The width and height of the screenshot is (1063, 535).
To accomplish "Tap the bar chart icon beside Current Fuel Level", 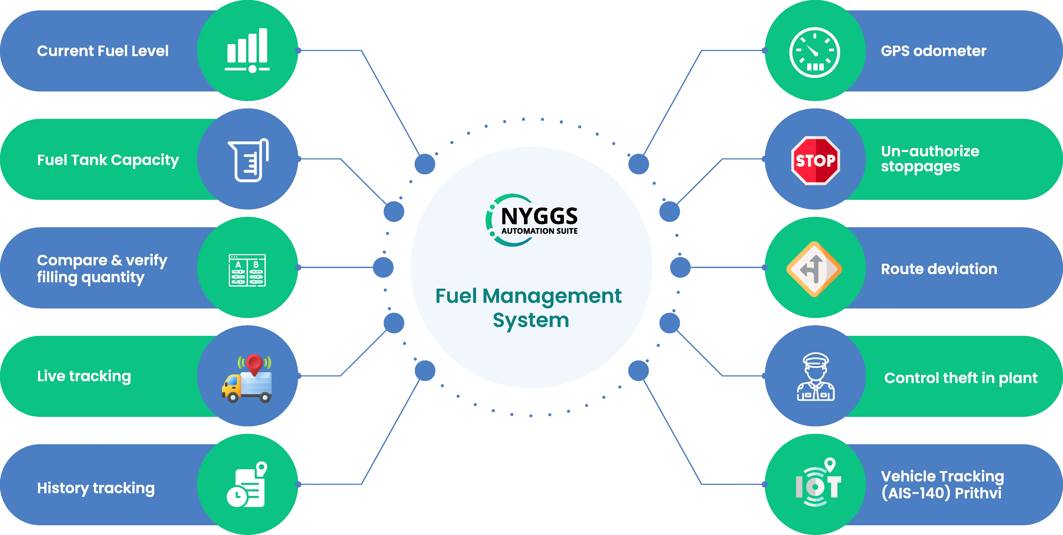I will pos(248,49).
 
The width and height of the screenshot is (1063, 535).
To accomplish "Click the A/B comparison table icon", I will pos(247,270).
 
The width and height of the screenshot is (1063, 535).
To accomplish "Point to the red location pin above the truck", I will pos(254,363).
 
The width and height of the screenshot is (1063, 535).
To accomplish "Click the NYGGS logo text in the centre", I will pos(539,216).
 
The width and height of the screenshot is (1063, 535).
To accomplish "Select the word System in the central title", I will pos(531,320).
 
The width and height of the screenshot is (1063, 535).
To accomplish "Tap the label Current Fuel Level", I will pos(103,51).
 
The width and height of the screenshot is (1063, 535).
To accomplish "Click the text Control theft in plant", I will pos(961,378).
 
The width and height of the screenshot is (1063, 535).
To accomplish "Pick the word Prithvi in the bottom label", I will pos(978,493).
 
